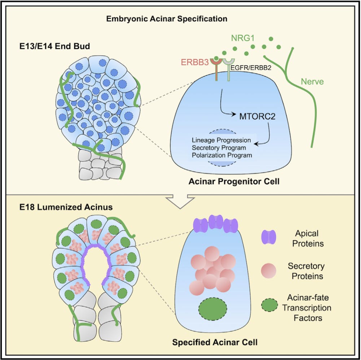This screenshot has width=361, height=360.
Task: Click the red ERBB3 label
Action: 199,62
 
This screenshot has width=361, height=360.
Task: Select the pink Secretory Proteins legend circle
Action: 268,271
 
